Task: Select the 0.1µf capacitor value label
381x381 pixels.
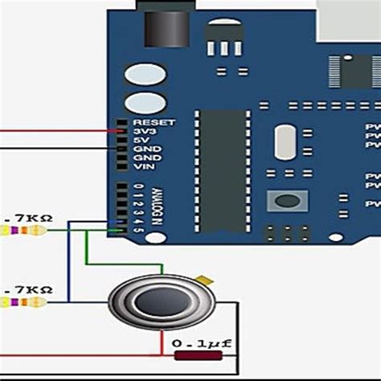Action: (x=203, y=345)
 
